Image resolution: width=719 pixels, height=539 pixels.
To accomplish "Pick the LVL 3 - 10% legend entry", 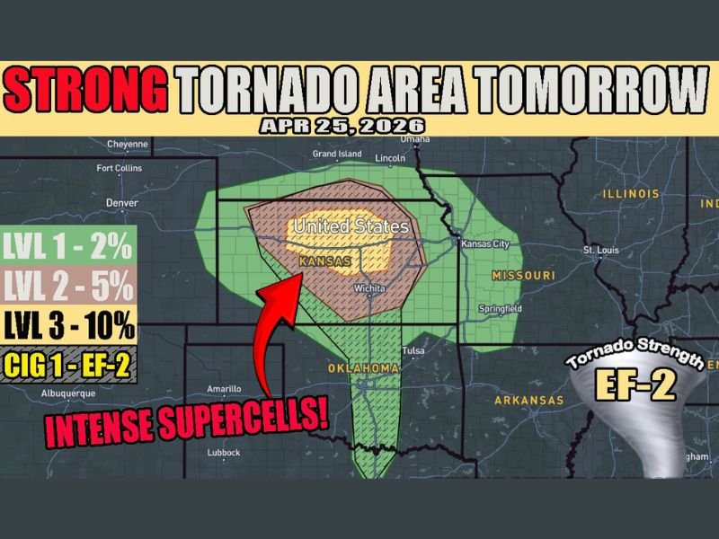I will [x=69, y=325].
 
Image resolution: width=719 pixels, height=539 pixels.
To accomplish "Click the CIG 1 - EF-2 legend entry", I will [x=69, y=364].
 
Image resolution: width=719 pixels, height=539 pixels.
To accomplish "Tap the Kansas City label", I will [x=485, y=244].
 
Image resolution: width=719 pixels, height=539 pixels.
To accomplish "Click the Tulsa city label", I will [x=413, y=350].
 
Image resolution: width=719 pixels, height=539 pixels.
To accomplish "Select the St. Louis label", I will [x=601, y=250].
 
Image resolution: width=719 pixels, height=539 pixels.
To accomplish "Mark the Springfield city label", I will [x=501, y=309].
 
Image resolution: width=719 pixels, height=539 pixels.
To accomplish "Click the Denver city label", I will [x=121, y=203].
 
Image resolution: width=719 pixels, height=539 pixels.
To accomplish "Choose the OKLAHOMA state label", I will [x=363, y=369].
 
